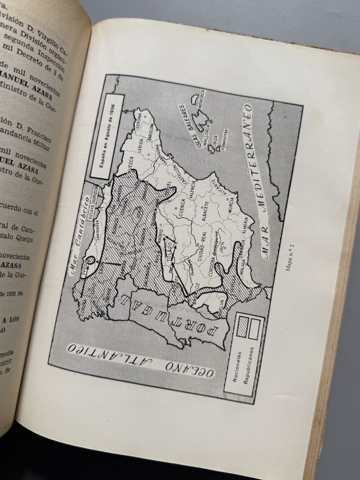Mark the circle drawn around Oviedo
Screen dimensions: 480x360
91,260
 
